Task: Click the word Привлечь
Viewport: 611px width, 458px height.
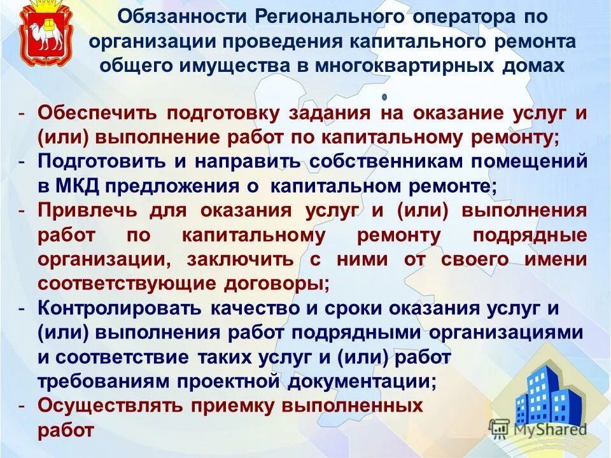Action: tap(87, 210)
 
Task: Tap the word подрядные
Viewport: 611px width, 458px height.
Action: tap(530, 235)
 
